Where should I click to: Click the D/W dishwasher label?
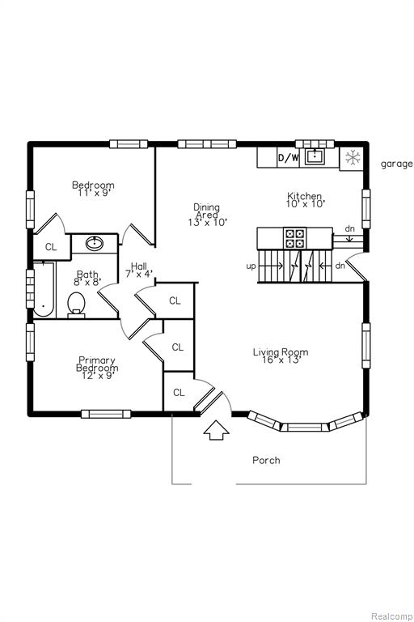tap(288, 158)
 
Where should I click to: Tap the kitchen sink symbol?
tap(315, 156)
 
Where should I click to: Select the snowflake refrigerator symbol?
tap(352, 158)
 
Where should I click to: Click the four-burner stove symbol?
tap(294, 238)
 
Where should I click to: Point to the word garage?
tap(396, 164)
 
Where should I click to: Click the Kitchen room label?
tap(305, 199)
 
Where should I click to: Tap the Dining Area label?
tap(207, 214)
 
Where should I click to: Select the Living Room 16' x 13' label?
tap(281, 356)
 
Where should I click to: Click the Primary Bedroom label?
tap(97, 368)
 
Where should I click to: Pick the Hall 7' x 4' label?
tap(138, 270)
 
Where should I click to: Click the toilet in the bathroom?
tap(77, 305)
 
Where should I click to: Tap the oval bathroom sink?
tap(95, 243)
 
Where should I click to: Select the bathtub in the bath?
tap(44, 289)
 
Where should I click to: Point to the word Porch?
tap(266, 460)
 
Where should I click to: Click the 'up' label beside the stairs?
tap(251, 266)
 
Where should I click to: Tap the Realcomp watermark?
tap(391, 616)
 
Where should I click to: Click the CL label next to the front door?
tap(179, 392)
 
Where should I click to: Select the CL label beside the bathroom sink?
tap(51, 247)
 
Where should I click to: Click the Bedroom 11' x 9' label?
tap(93, 189)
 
